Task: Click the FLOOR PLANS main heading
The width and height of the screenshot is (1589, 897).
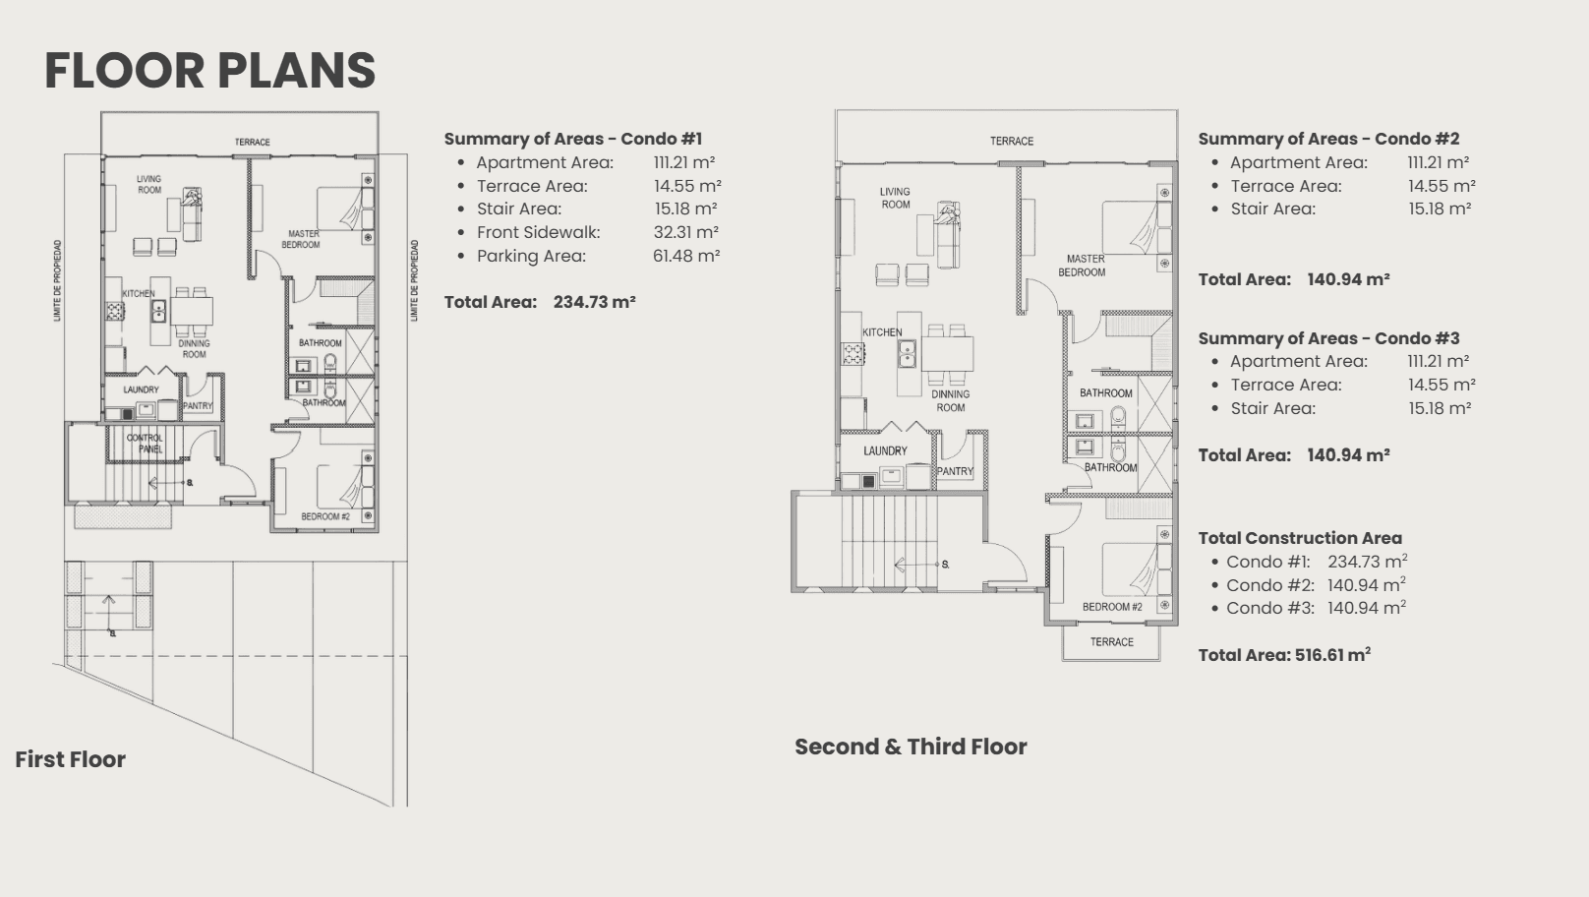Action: click(209, 71)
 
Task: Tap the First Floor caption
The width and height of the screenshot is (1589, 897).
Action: click(70, 759)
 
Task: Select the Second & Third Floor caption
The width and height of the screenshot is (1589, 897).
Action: click(910, 747)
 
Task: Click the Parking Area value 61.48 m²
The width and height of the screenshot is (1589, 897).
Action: click(685, 256)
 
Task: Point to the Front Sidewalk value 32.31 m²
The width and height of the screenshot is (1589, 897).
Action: click(685, 232)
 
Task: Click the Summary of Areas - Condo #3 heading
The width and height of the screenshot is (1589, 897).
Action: click(1327, 338)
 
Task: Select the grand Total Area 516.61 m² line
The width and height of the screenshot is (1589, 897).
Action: click(1283, 655)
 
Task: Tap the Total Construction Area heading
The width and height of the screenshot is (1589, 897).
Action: click(1299, 538)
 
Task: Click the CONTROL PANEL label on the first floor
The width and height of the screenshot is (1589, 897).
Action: click(145, 443)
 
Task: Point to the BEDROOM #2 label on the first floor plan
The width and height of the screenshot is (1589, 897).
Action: click(324, 516)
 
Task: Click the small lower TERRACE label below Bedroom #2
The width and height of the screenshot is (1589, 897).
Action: click(1111, 642)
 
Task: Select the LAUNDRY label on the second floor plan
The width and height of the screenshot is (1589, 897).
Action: click(885, 451)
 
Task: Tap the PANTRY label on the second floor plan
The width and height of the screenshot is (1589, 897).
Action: click(954, 471)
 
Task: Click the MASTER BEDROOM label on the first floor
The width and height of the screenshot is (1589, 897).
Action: click(302, 239)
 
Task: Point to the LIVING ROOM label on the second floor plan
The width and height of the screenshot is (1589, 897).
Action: click(895, 198)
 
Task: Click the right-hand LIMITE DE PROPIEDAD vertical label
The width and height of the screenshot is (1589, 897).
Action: click(414, 280)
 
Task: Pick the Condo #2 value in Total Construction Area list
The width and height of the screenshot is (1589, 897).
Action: click(1366, 585)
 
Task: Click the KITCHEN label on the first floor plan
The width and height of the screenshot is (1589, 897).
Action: click(138, 293)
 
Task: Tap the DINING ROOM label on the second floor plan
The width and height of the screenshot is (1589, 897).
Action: click(950, 400)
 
